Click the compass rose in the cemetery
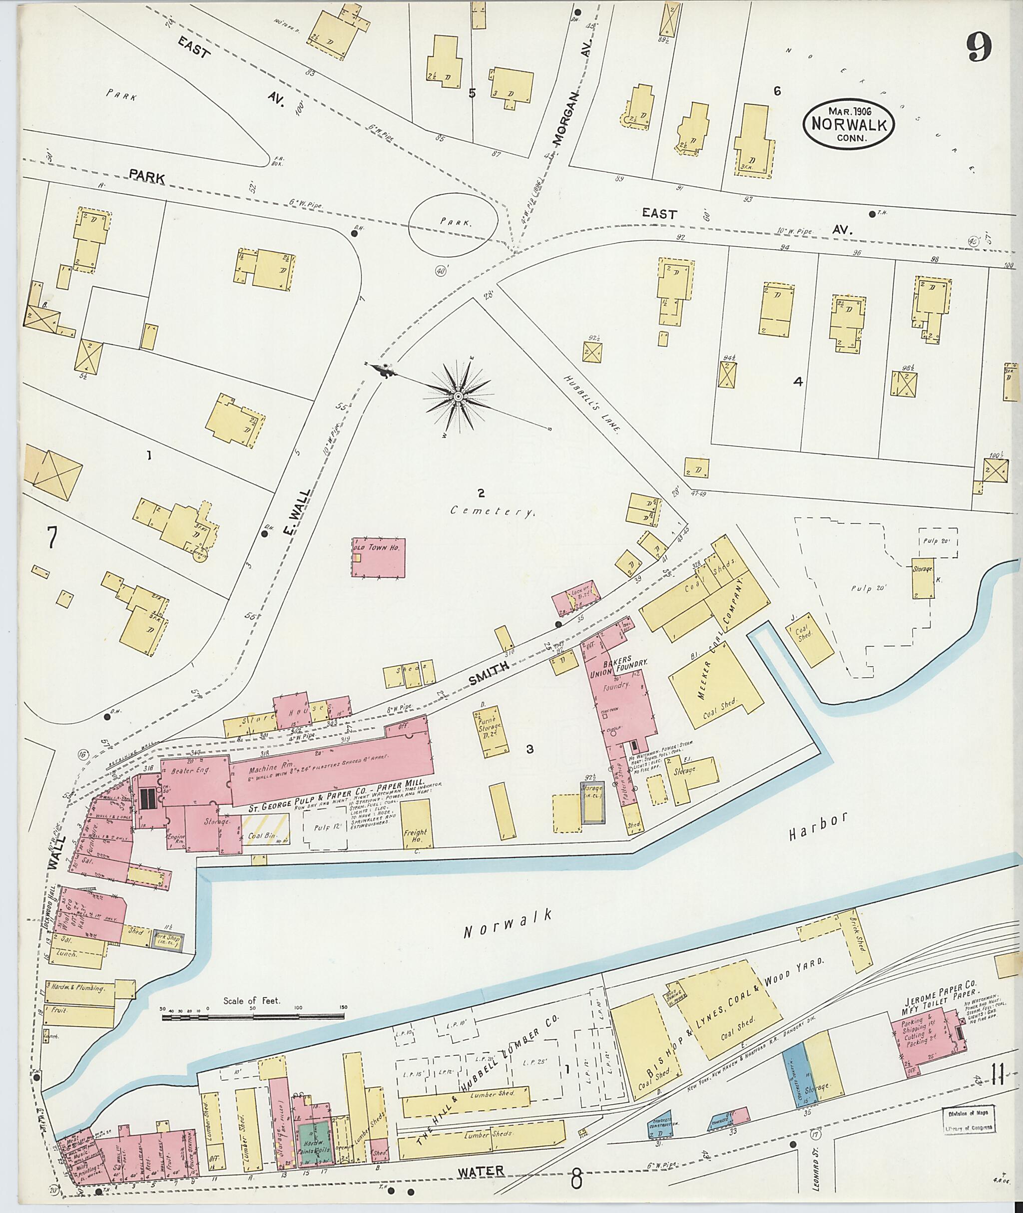point(458,396)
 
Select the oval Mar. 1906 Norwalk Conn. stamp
point(849,125)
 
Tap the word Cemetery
point(493,512)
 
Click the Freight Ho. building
point(416,823)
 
